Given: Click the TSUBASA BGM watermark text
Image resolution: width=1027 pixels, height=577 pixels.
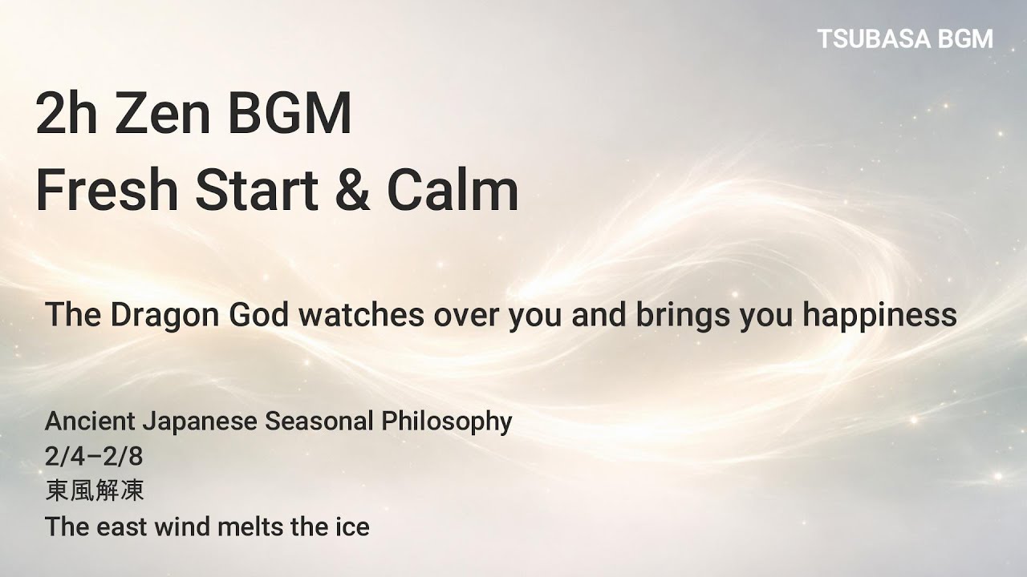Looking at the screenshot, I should coord(905,38).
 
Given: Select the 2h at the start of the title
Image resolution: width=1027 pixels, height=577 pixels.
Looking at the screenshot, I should coord(67,114).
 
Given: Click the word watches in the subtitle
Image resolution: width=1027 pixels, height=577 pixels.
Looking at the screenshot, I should coord(361,315).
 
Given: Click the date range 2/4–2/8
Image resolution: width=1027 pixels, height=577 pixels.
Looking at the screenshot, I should coord(94,456).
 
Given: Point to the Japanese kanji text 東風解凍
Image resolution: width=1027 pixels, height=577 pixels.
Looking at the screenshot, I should coord(95,491).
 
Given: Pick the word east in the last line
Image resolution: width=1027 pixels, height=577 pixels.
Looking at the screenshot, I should coord(124,527).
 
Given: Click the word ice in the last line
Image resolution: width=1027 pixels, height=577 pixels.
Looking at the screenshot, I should coord(352,527).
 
